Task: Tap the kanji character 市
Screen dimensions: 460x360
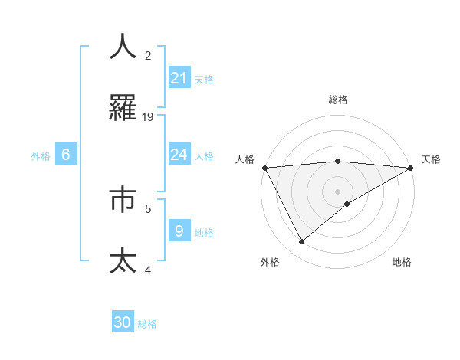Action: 123,199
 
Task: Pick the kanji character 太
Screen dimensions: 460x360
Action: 123,261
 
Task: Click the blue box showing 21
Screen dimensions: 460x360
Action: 179,78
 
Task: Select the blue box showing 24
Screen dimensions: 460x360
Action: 179,155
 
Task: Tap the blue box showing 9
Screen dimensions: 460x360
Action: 179,231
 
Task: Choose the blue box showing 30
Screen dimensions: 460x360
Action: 123,322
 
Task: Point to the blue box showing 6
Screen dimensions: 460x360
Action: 66,155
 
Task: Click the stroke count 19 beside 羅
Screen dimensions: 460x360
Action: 148,117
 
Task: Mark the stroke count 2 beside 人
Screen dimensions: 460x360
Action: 148,55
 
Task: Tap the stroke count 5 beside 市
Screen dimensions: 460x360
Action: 148,207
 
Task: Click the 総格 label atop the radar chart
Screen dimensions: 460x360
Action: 337,100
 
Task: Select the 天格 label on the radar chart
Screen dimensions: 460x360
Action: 431,159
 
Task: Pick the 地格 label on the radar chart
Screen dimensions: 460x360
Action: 402,262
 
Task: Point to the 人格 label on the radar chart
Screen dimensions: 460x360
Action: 245,159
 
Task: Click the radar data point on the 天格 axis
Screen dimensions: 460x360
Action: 411,168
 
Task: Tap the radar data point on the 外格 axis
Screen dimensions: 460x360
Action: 301,242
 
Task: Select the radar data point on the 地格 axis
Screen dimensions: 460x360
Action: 347,204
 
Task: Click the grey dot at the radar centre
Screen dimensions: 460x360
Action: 337,191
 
